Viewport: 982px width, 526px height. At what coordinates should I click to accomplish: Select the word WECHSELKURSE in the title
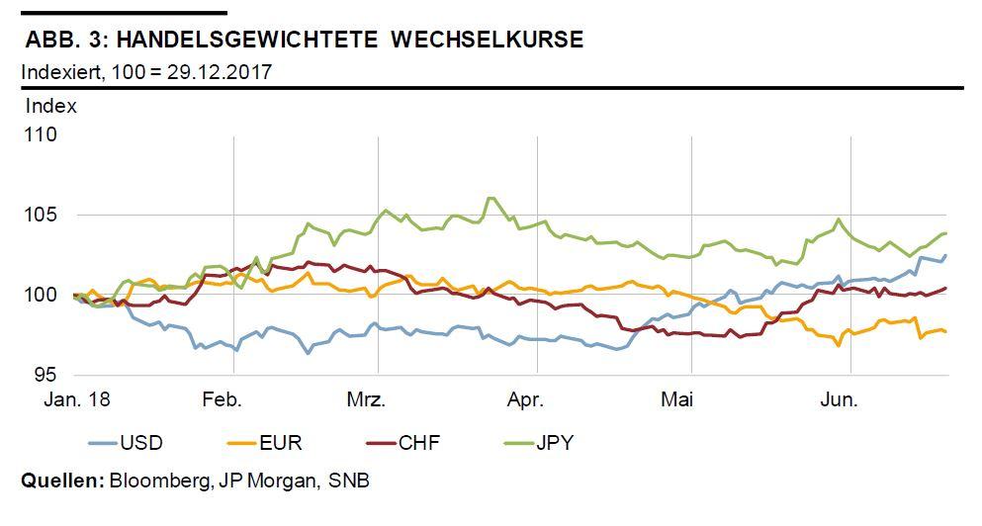coord(487,41)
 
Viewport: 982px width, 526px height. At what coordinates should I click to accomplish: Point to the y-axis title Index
coord(50,106)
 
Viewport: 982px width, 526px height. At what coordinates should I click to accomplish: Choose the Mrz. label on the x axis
coord(366,400)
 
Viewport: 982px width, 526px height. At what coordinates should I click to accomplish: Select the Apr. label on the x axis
coord(524,400)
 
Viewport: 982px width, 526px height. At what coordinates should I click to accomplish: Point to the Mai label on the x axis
coord(678,400)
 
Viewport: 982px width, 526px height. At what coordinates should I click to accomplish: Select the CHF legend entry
coord(419,443)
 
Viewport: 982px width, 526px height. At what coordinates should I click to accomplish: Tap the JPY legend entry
coord(554,443)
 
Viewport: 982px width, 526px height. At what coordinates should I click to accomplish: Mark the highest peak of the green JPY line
coord(490,198)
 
